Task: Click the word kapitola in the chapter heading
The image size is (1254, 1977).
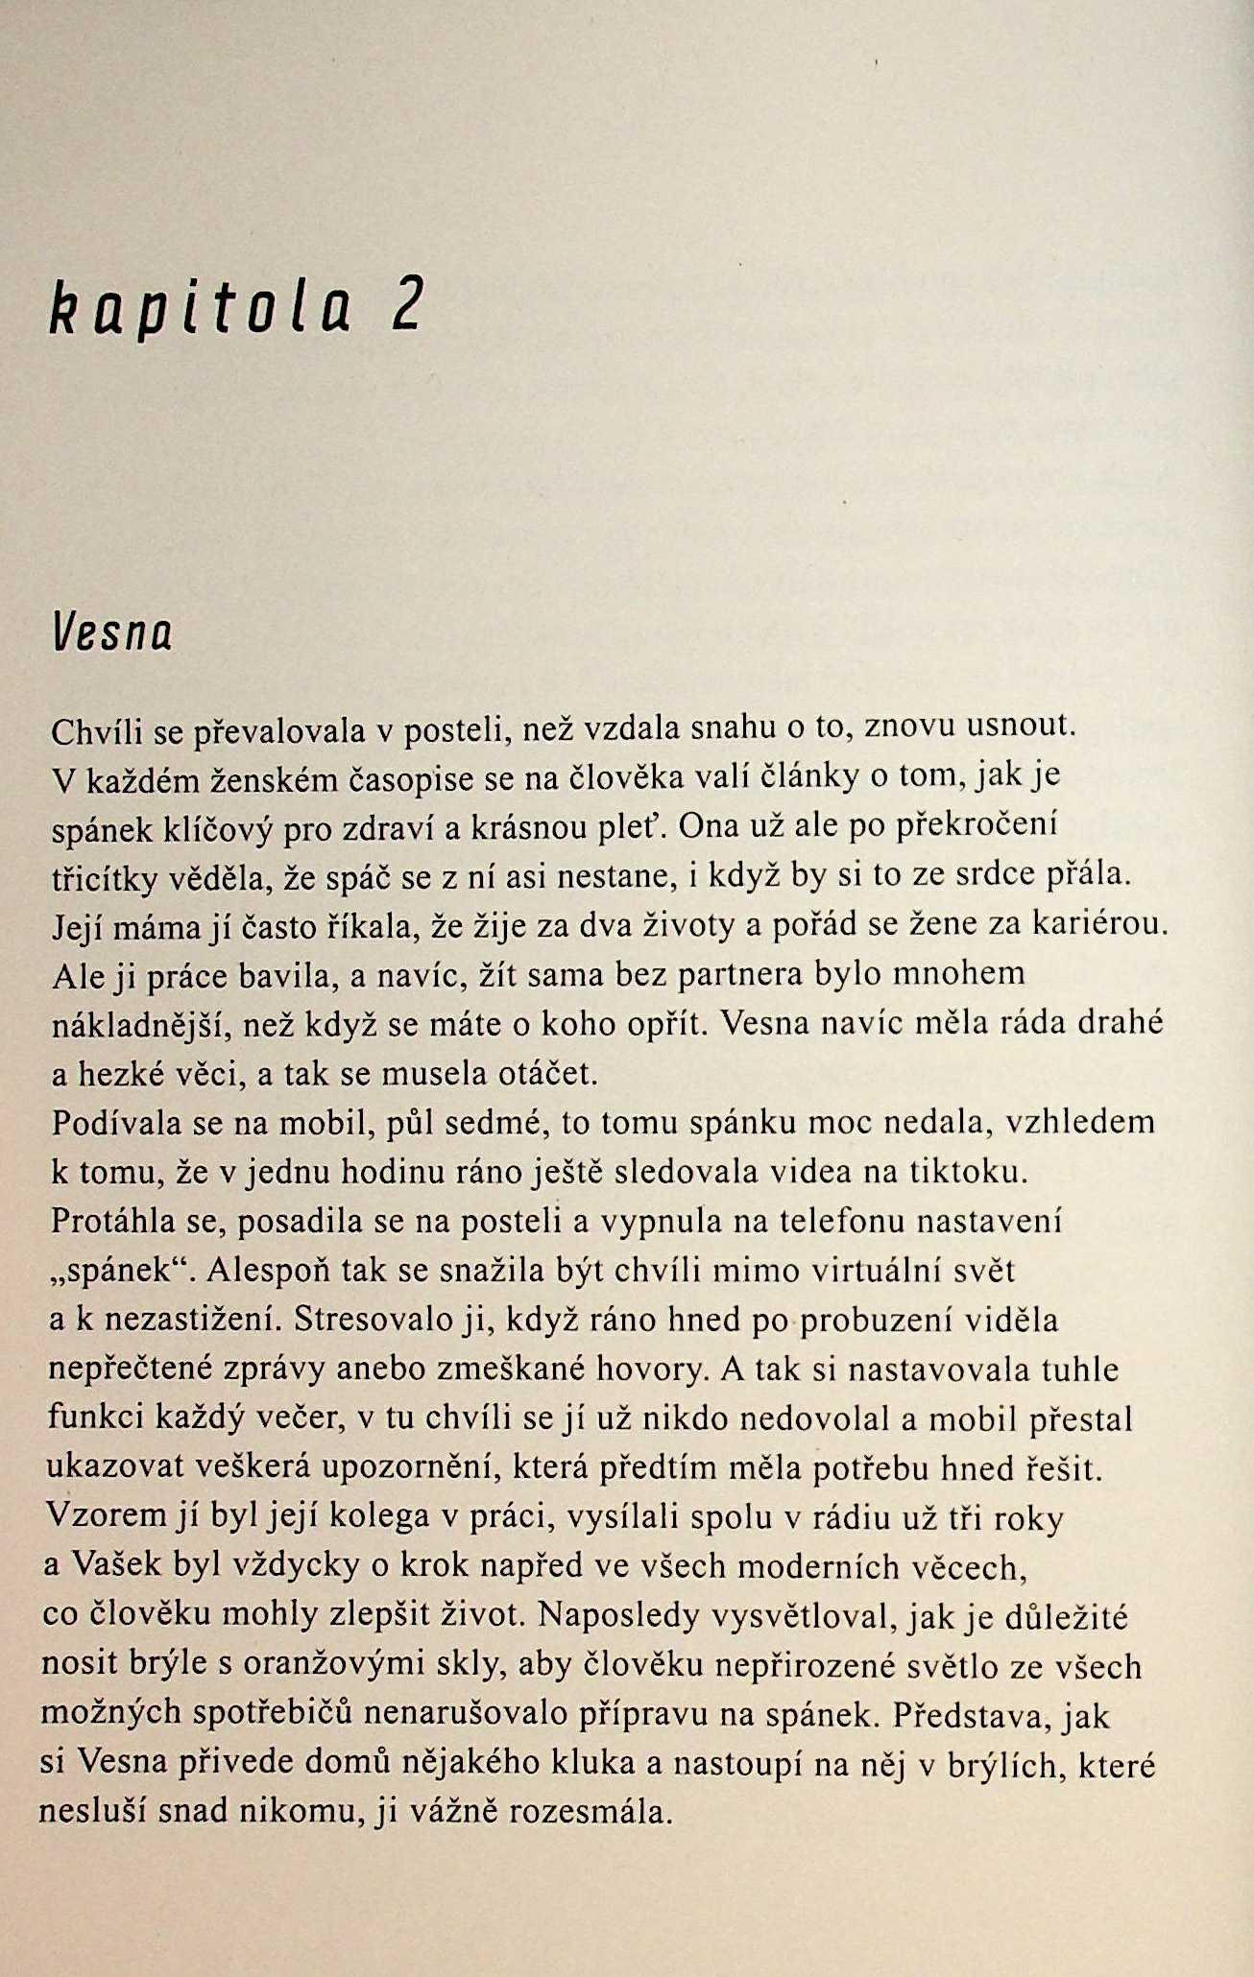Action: (200, 308)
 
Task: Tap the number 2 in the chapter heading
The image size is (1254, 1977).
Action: (406, 306)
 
